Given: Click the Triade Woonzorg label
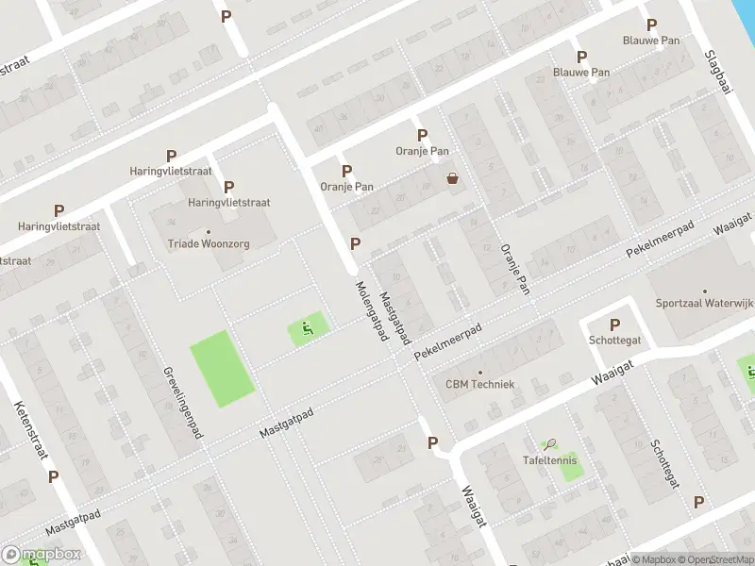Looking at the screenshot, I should (x=209, y=243).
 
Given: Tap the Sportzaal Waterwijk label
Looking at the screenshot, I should (x=705, y=303).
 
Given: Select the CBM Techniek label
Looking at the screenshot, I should (x=479, y=384).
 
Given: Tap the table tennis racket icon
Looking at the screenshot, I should (x=550, y=442).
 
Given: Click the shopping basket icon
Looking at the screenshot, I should (x=453, y=177).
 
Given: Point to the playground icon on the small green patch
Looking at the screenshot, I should (x=307, y=329).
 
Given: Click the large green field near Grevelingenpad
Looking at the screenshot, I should (x=223, y=369).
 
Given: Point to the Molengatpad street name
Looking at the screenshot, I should (x=372, y=311).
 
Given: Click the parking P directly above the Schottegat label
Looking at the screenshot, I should (x=614, y=324).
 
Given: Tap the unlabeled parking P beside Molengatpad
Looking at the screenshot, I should (x=355, y=243).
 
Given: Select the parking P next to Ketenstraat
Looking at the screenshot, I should (x=54, y=476).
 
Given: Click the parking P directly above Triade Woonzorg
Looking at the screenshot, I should (x=228, y=187).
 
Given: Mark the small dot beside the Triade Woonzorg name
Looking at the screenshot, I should (x=209, y=231).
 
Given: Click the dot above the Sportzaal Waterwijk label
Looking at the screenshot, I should (x=705, y=291).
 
